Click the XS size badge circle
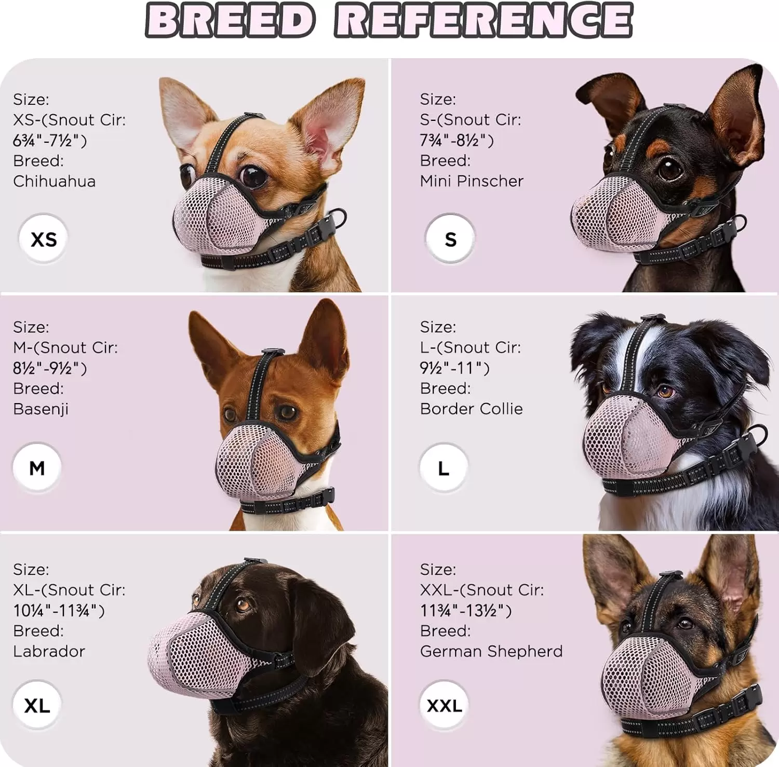tap(43, 239)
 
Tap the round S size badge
tap(450, 239)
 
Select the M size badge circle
tap(37, 467)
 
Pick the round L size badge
tap(444, 468)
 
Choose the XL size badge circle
tap(37, 705)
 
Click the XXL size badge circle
tap(444, 705)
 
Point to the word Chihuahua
tap(55, 181)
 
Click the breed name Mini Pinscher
tap(472, 181)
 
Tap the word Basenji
tap(41, 409)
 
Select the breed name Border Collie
tap(472, 409)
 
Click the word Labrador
tap(49, 651)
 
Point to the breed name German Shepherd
tap(491, 651)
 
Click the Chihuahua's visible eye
tap(253, 176)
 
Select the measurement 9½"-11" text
tap(455, 368)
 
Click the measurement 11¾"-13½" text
tap(466, 611)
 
